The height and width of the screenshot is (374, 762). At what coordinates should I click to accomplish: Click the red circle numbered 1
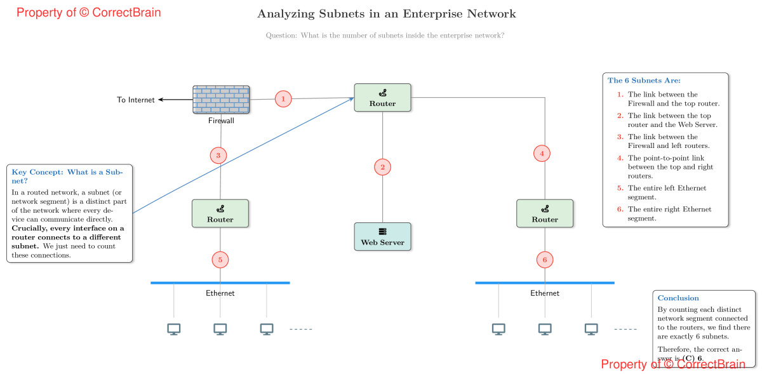(x=283, y=99)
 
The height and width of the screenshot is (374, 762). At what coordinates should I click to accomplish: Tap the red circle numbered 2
(x=382, y=168)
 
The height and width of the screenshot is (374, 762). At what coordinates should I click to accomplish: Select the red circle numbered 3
(x=218, y=156)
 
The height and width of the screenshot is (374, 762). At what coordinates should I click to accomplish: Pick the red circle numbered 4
(x=542, y=153)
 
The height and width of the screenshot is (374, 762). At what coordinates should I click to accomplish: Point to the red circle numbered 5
(x=220, y=260)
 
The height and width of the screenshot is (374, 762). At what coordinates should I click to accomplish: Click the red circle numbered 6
(x=545, y=260)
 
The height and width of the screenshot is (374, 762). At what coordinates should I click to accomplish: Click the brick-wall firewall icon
(x=221, y=100)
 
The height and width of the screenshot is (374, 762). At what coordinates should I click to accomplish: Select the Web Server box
(x=382, y=237)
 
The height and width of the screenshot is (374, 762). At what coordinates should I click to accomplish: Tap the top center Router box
(x=382, y=98)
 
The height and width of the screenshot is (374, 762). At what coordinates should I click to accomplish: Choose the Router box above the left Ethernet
(x=220, y=213)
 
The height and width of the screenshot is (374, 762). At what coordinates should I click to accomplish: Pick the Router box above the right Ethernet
(x=545, y=213)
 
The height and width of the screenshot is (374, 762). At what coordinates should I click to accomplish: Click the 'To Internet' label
(x=136, y=100)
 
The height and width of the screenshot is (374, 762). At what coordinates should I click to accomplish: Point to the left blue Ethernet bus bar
(x=220, y=283)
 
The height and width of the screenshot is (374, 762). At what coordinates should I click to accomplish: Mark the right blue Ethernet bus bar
(x=545, y=283)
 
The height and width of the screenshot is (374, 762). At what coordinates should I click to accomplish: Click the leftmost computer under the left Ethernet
(x=174, y=329)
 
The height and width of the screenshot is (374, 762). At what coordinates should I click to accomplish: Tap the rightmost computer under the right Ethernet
(x=591, y=329)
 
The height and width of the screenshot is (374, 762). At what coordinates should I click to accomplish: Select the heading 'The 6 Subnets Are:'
(x=644, y=81)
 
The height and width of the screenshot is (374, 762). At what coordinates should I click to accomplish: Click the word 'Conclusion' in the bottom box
(x=678, y=298)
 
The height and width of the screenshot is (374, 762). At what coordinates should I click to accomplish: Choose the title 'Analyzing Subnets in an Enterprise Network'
(x=387, y=14)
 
